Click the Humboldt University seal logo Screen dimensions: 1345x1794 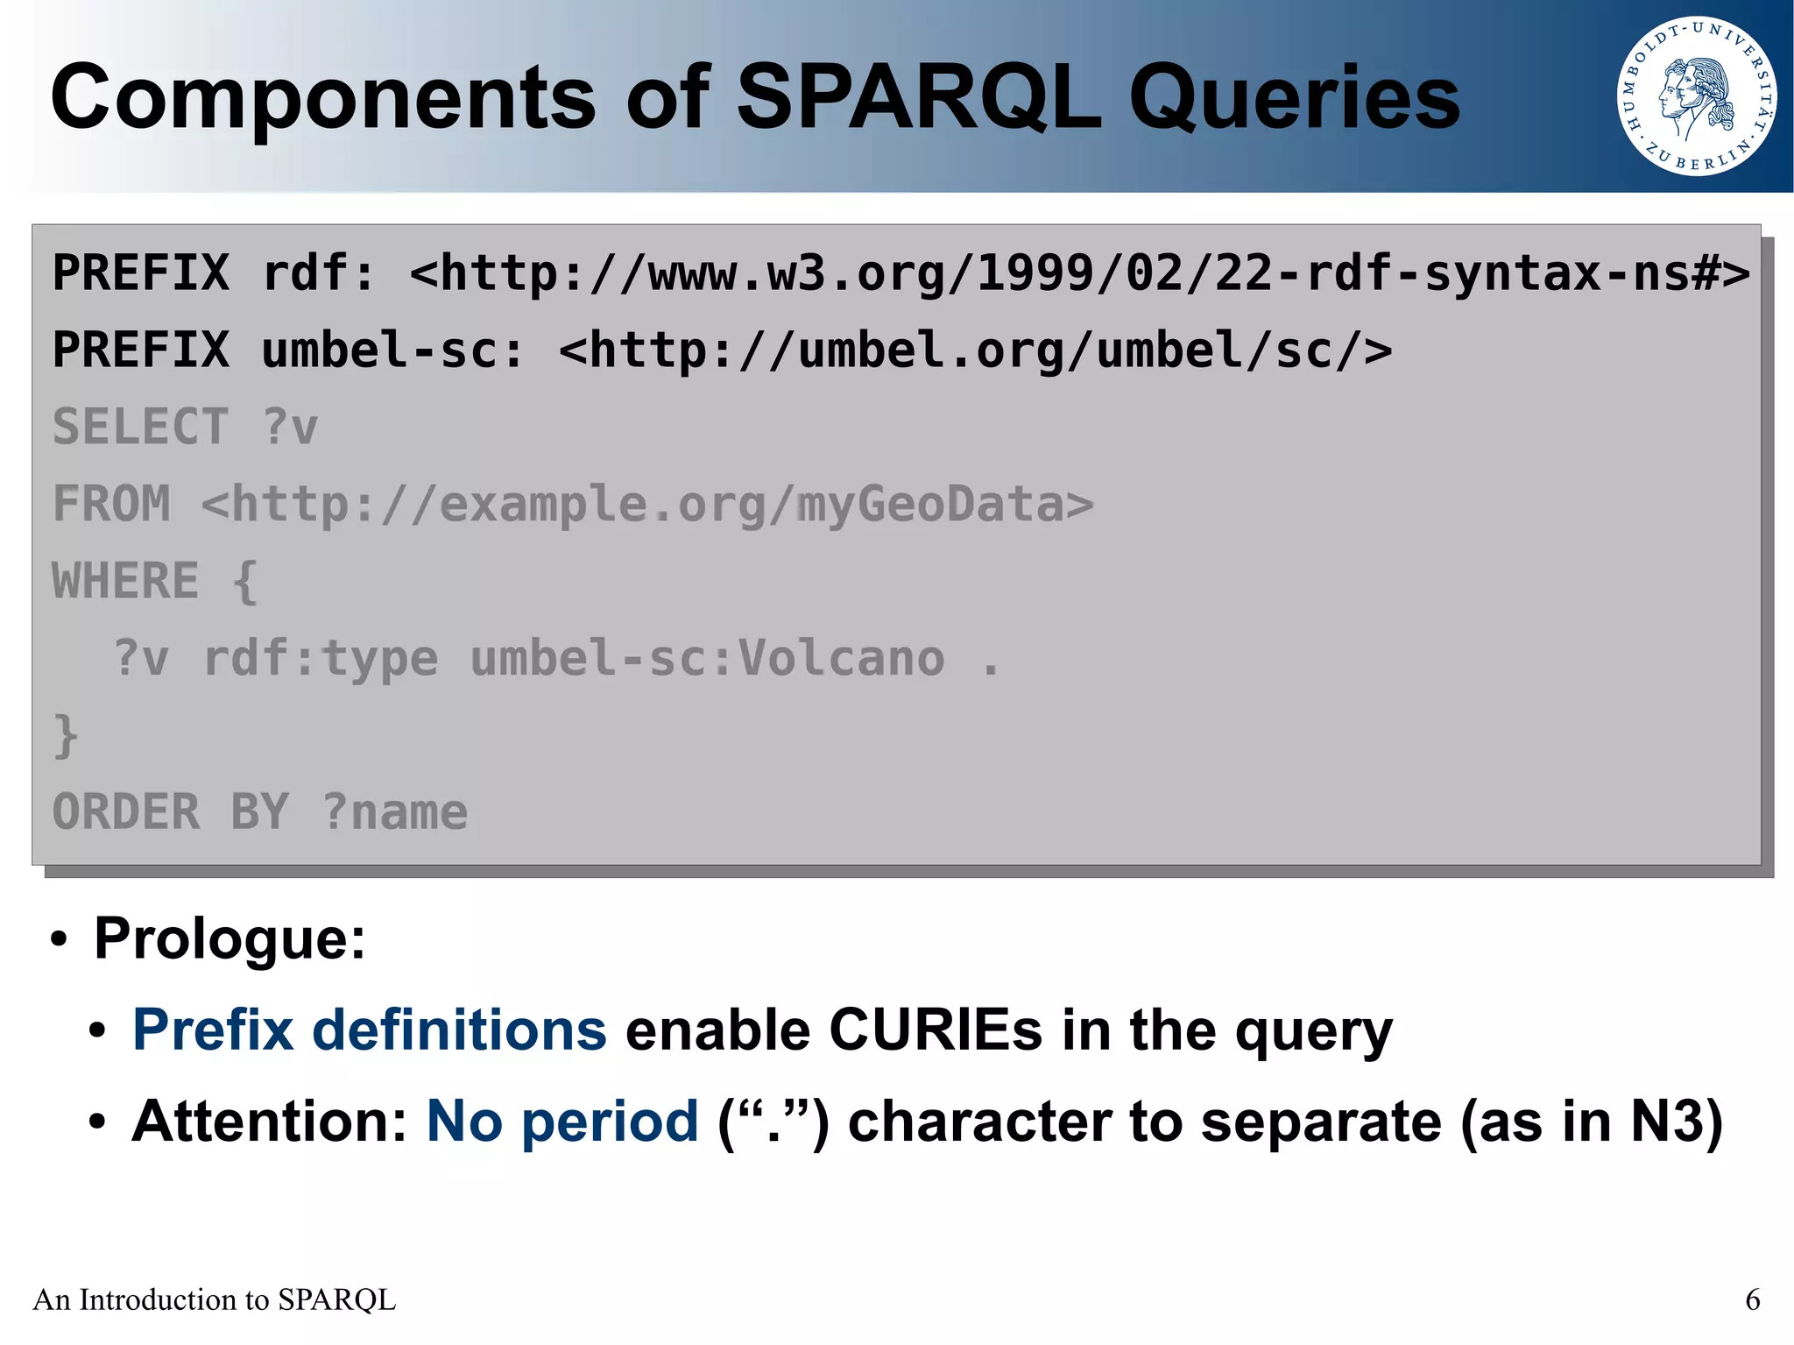[1696, 96]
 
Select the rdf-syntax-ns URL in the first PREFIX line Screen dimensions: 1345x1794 [1079, 273]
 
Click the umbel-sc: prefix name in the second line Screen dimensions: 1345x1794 [392, 350]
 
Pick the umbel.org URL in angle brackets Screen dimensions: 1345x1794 [975, 350]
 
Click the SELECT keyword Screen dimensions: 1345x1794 [140, 428]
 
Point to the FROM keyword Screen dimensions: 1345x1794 [111, 504]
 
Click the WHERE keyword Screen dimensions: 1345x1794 [125, 581]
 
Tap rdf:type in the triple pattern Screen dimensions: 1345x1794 [321, 658]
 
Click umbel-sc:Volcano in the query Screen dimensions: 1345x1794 [708, 658]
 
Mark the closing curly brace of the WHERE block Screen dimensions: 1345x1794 [66, 735]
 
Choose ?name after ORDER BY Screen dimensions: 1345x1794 [395, 812]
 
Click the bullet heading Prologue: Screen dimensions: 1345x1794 [230, 938]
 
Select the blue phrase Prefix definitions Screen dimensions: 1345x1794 [369, 1030]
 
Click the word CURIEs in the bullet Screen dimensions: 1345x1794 [936, 1030]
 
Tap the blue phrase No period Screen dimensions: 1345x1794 [562, 1122]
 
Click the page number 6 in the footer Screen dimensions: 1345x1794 [1752, 1299]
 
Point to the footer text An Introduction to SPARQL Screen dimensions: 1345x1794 [215, 1299]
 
